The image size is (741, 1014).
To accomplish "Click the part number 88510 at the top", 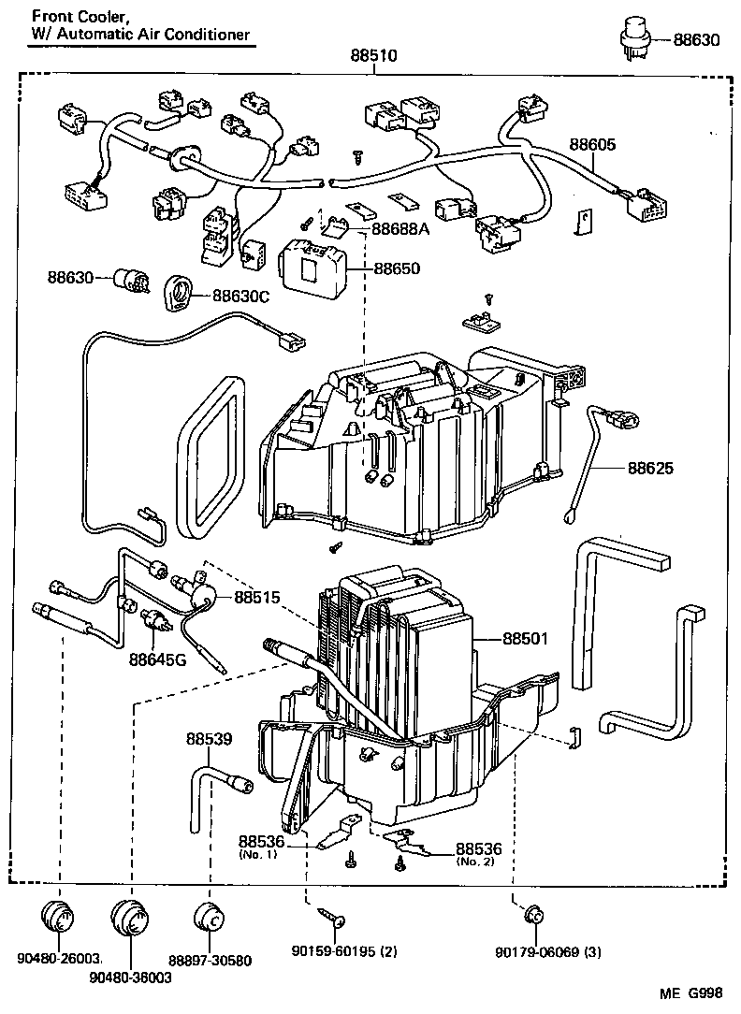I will (374, 56).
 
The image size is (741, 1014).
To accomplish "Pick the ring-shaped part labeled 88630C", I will (177, 293).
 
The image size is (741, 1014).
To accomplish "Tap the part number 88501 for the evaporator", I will (526, 639).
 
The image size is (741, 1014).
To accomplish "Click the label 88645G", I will (158, 659).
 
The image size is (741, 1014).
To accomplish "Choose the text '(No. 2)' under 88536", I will (477, 862).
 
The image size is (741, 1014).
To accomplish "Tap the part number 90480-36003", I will (130, 977).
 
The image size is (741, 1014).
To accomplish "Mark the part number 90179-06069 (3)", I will (548, 952).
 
